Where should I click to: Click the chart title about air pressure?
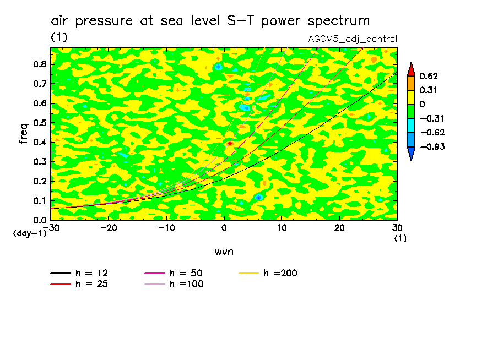pos(210,21)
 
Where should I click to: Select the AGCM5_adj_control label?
pos(353,39)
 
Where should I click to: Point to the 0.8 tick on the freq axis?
pos(39,64)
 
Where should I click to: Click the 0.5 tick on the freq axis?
pos(39,122)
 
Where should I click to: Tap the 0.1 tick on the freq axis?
pos(39,200)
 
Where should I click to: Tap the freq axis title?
pos(23,133)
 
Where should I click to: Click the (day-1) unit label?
pos(30,233)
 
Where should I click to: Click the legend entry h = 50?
pos(185,273)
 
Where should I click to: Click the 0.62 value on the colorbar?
pos(428,76)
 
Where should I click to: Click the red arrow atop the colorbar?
pos(411,69)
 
